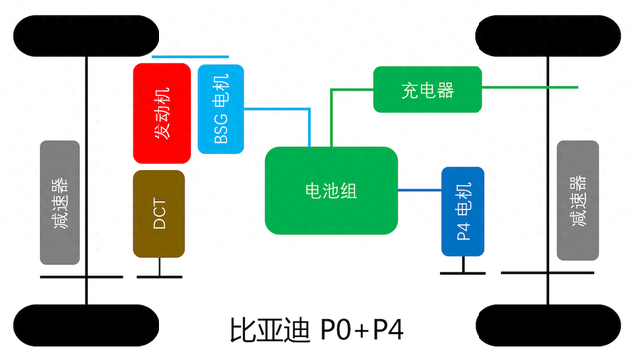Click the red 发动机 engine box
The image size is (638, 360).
pyautogui.click(x=160, y=113)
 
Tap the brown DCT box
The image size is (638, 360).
pyautogui.click(x=159, y=213)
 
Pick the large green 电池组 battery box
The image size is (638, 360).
pyautogui.click(x=331, y=190)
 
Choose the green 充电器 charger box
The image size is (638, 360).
pyautogui.click(x=428, y=90)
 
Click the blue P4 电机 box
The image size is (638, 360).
pyautogui.click(x=463, y=210)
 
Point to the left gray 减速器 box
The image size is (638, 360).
pyautogui.click(x=60, y=202)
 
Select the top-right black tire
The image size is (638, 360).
pyautogui.click(x=550, y=36)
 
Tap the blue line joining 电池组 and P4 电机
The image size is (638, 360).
pyautogui.click(x=420, y=189)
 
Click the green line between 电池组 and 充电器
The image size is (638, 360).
pyautogui.click(x=332, y=115)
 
